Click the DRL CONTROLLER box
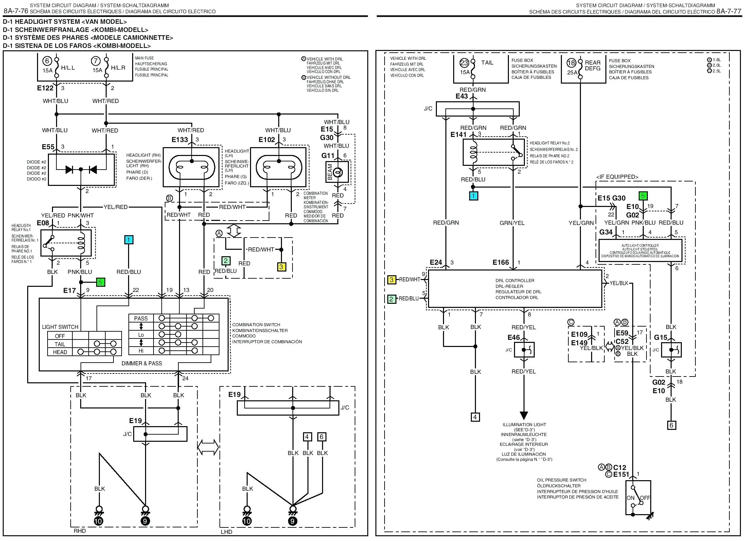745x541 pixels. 514,289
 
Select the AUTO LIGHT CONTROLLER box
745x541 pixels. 640,251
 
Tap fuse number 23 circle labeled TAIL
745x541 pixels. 464,63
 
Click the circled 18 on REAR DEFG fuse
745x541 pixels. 571,63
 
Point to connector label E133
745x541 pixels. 179,140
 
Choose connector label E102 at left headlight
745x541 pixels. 266,140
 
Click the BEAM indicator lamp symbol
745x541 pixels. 337,173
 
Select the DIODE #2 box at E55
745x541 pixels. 81,170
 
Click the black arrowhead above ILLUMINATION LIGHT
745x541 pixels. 524,415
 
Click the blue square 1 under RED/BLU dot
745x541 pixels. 473,196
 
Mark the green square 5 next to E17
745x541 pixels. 100,282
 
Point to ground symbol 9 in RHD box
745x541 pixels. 145,521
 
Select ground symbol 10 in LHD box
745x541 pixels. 247,521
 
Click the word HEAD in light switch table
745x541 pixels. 60,352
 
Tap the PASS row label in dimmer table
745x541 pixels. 141,318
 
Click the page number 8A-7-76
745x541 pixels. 16,11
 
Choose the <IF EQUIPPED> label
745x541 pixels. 617,177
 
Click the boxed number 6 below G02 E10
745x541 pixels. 671,425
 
